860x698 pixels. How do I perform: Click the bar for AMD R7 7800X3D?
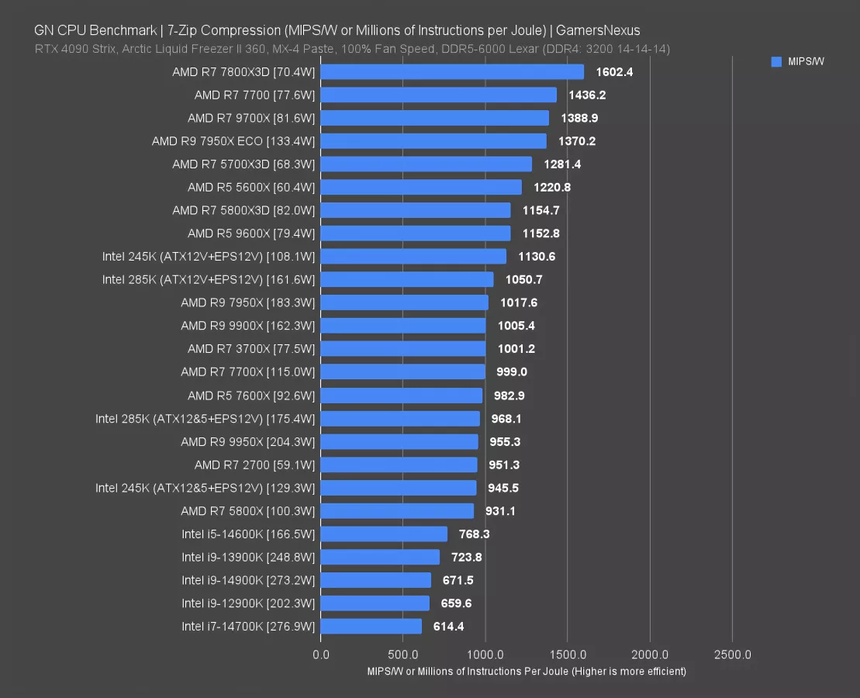(x=452, y=72)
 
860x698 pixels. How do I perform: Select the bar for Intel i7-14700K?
(x=371, y=627)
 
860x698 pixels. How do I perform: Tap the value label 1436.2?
(x=587, y=95)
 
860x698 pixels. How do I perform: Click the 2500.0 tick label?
(x=732, y=655)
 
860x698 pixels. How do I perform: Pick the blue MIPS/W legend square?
(x=776, y=62)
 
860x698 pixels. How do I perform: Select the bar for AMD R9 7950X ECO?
(x=433, y=141)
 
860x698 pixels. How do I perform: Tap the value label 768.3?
(x=474, y=534)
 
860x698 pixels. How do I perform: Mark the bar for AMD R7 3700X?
(x=403, y=349)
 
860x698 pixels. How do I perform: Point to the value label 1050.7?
(x=523, y=280)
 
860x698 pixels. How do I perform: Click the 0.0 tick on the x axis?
(x=320, y=655)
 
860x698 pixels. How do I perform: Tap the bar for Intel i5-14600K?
(x=384, y=534)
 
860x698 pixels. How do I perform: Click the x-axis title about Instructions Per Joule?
(x=527, y=672)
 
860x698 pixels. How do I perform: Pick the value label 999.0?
(x=512, y=372)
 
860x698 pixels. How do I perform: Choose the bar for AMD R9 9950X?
(x=399, y=442)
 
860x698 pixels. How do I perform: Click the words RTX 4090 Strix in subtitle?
(x=71, y=49)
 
